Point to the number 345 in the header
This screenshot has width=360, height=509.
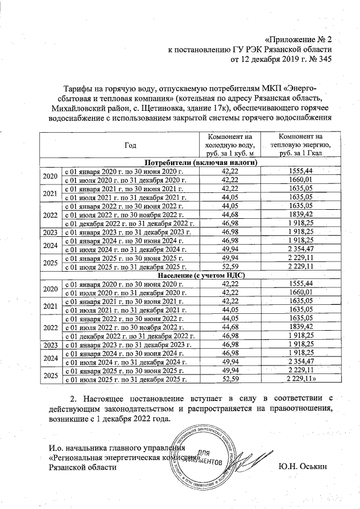[x=318, y=60]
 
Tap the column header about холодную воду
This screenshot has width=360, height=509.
[x=229, y=145]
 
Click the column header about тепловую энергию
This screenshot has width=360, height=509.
[x=300, y=145]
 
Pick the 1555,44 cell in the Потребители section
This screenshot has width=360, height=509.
[x=300, y=170]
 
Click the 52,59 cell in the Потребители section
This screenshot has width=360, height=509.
[x=229, y=268]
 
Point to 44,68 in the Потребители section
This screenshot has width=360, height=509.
[x=229, y=214]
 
